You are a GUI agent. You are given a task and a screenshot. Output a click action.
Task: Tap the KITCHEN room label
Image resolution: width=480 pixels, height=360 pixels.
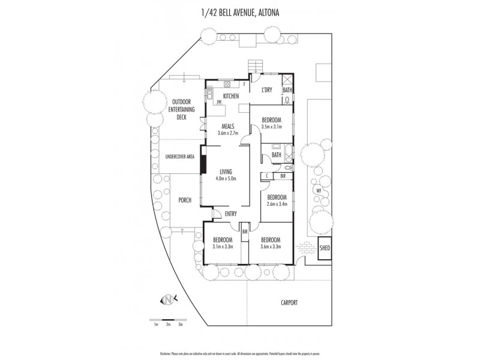(x=231, y=96)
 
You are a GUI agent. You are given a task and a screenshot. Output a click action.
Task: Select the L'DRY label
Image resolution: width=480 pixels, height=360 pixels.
(x=267, y=90)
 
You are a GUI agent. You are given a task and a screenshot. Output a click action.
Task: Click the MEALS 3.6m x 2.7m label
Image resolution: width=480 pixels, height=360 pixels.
(x=228, y=129)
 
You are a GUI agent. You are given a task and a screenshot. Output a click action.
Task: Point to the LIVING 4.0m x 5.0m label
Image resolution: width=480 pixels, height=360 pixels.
(x=227, y=175)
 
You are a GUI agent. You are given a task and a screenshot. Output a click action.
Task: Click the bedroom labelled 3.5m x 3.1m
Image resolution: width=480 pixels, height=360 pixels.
(x=271, y=123)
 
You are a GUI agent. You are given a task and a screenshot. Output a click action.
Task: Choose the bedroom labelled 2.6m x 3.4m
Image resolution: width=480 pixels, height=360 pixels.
(x=277, y=200)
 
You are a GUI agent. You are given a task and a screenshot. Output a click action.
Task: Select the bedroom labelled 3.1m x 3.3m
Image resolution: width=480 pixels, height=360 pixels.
(x=221, y=242)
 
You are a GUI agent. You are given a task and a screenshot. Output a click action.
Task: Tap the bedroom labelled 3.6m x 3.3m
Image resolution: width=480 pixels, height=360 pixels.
(x=271, y=242)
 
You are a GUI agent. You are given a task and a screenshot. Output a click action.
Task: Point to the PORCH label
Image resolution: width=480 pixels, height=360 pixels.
(x=184, y=200)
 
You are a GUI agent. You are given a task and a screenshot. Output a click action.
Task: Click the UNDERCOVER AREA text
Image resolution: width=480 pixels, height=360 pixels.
(x=179, y=157)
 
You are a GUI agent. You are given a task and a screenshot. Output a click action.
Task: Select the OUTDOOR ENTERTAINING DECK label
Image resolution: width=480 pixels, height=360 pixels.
(x=181, y=109)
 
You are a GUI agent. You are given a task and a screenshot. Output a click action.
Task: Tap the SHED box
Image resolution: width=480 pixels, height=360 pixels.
(x=325, y=248)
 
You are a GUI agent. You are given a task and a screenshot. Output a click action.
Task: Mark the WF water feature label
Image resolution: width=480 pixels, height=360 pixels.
(x=319, y=191)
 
